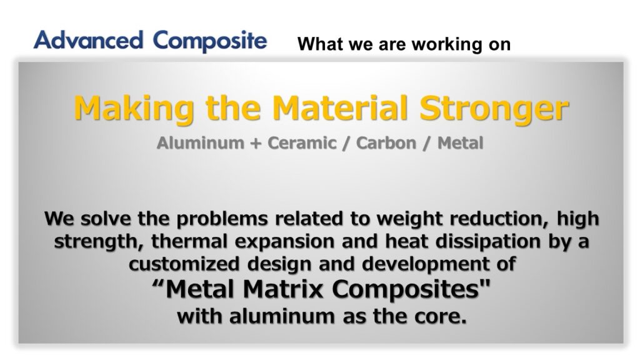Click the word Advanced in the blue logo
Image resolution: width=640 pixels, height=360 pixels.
pos(88,40)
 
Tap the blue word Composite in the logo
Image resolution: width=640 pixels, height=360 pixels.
pos(210,41)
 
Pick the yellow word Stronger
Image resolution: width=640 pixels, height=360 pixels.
pos(494,109)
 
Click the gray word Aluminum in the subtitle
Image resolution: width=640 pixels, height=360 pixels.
pos(200,143)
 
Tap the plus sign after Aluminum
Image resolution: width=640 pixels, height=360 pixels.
pos(256,144)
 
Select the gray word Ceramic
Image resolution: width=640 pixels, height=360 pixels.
pos(302,143)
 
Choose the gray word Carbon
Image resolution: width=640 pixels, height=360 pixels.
pos(386,143)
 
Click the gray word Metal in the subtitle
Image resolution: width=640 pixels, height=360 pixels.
pos(460,143)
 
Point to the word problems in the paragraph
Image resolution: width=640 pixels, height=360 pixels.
pos(222,219)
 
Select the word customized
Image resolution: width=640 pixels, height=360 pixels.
pos(184,264)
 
